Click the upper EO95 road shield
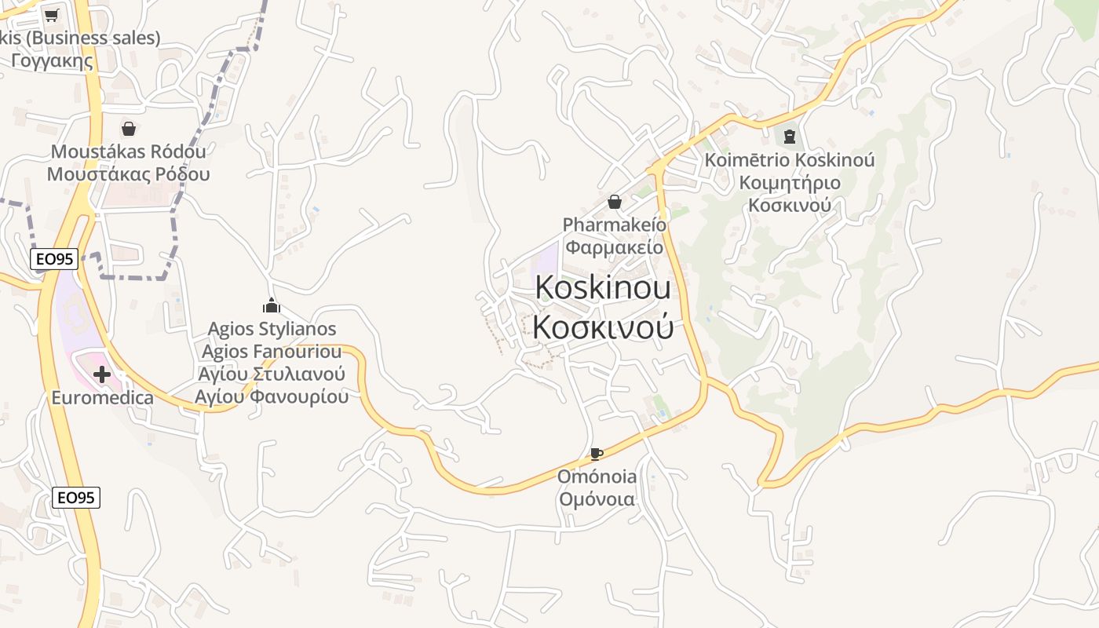[x=54, y=259]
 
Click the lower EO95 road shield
[x=76, y=497]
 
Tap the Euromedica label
[x=103, y=398]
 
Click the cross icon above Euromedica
[x=102, y=375]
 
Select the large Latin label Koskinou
[x=603, y=287]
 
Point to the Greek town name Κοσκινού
[x=603, y=327]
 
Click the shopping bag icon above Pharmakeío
[x=615, y=203]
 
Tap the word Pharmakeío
[x=615, y=225]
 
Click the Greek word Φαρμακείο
[x=615, y=247]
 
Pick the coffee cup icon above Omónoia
[x=597, y=454]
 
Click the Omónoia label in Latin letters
[x=597, y=476]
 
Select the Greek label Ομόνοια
[x=597, y=498]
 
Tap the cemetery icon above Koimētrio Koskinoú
[x=790, y=137]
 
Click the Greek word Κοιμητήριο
[x=790, y=183]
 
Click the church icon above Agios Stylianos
[x=272, y=305]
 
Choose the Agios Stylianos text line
[x=272, y=329]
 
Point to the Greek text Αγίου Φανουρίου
[x=272, y=396]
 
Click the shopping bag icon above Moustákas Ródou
[x=129, y=129]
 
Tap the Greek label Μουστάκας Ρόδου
[x=129, y=173]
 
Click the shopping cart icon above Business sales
[x=52, y=15]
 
